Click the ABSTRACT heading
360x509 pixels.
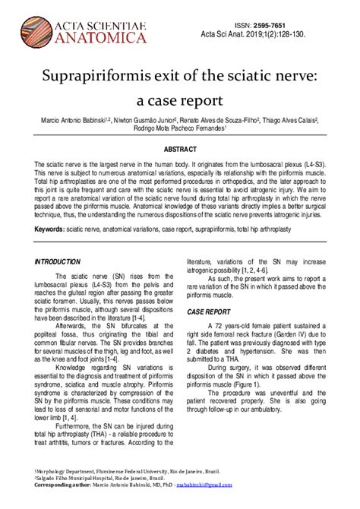coord(180,150)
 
